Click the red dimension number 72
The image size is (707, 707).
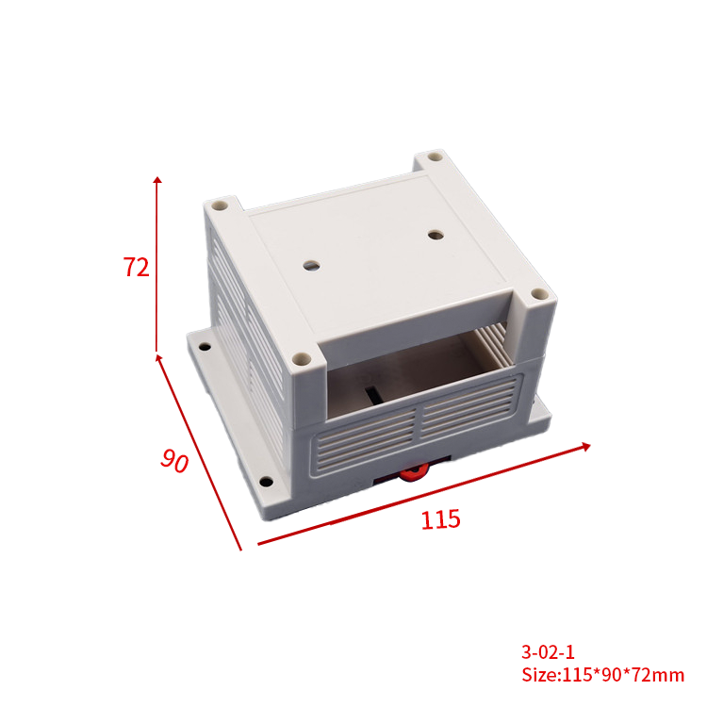pos(136,267)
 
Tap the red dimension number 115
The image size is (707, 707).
pos(440,518)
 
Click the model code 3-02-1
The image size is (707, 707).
pos(548,651)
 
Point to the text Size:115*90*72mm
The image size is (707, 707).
pos(602,675)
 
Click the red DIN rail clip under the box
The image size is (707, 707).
pos(411,472)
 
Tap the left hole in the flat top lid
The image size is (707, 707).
pos(310,266)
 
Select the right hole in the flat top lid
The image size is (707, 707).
pos(435,232)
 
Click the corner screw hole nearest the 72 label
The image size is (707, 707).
pos(219,203)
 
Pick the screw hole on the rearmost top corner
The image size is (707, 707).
pos(434,157)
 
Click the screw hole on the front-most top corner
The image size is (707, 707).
pos(301,359)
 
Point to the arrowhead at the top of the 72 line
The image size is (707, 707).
pos(157,179)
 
